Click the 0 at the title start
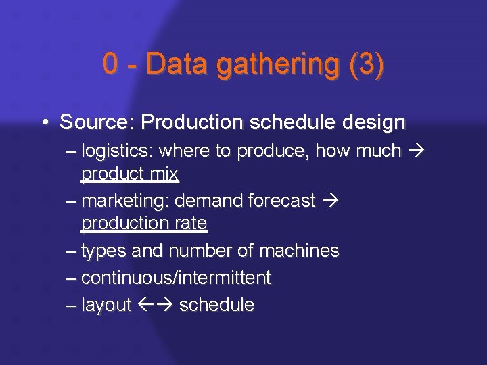click(110, 64)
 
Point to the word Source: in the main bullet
click(97, 122)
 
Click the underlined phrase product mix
click(130, 174)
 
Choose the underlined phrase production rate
click(144, 222)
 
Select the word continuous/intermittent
click(176, 277)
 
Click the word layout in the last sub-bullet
click(106, 305)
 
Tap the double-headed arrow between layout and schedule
click(156, 305)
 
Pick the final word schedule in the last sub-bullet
click(216, 305)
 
